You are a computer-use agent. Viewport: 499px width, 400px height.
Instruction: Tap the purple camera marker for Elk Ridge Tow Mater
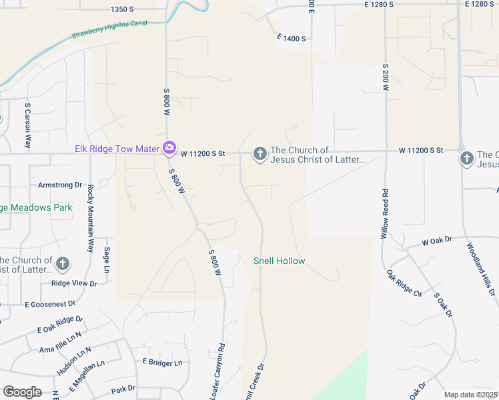pos(169,147)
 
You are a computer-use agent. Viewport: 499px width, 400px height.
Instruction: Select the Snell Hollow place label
pos(279,261)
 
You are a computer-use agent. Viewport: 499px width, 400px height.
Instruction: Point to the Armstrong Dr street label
pos(59,185)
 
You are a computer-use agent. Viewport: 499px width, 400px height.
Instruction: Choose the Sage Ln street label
pos(106,261)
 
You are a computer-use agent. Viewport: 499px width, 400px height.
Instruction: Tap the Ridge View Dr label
pos(74,283)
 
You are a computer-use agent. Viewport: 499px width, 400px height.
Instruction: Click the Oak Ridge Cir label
pos(404,283)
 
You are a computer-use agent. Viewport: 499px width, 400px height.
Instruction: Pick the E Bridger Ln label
pos(162,363)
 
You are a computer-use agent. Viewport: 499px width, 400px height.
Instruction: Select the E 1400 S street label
pos(292,39)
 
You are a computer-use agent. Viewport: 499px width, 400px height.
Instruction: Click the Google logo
pos(22,392)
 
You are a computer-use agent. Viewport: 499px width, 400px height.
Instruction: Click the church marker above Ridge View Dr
pos(63,263)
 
